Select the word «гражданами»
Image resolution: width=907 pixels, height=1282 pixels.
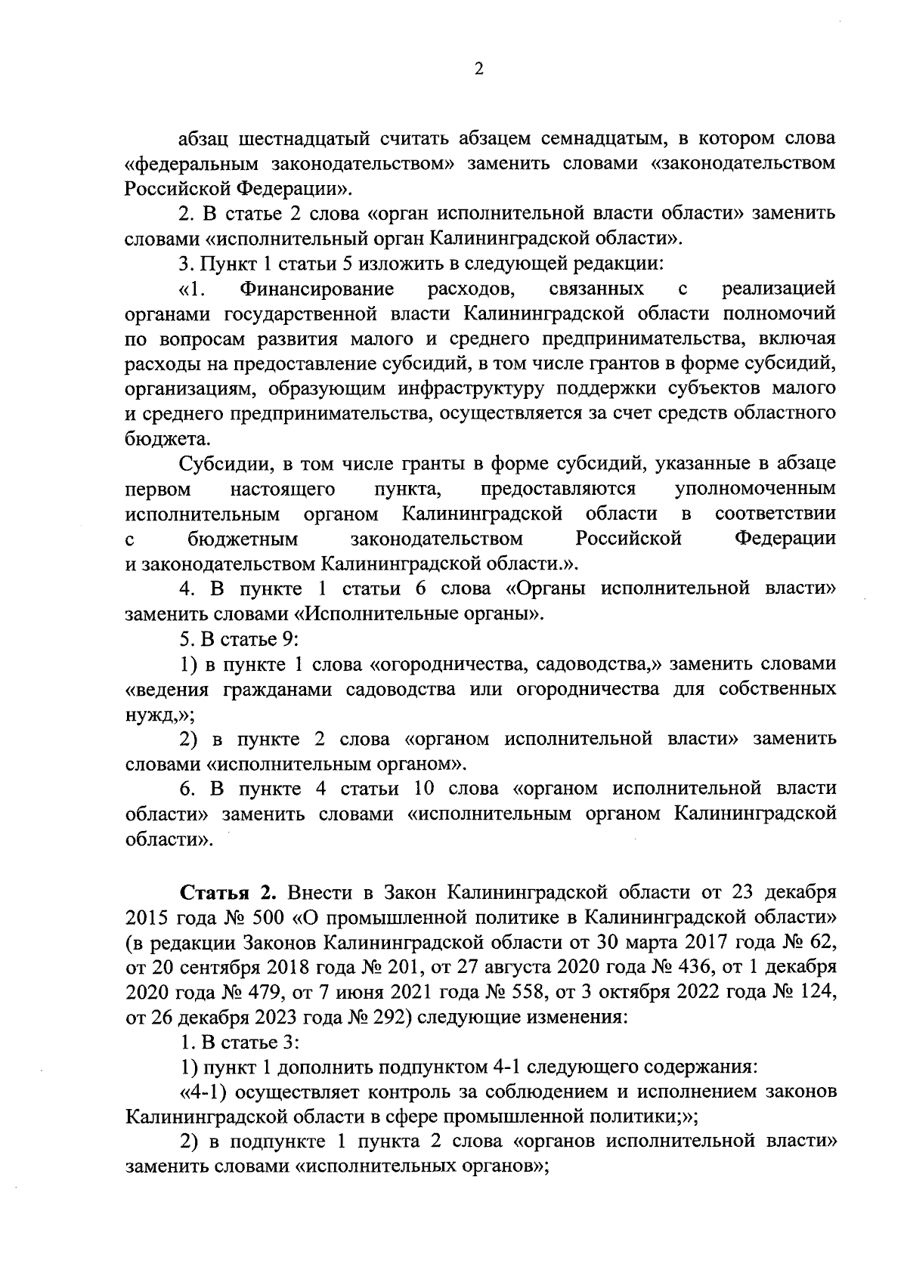click(x=278, y=689)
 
